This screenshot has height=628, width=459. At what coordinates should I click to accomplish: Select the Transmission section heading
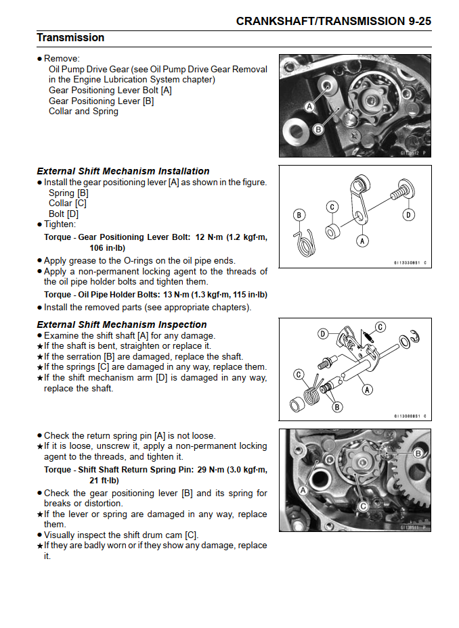point(70,38)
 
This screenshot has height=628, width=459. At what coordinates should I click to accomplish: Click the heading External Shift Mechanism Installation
point(123,171)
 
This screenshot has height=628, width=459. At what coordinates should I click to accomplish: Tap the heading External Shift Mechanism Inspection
point(122,324)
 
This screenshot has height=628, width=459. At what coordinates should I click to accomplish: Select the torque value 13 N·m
point(177,295)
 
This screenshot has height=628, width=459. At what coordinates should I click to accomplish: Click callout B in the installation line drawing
point(299,216)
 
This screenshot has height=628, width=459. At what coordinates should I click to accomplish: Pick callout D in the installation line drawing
point(408,215)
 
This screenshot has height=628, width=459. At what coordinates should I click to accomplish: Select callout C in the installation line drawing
point(332,206)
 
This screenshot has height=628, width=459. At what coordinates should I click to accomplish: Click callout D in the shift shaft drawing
point(324,333)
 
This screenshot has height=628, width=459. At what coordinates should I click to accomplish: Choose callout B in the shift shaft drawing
point(337,407)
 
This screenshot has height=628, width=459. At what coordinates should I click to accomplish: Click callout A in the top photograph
point(309,107)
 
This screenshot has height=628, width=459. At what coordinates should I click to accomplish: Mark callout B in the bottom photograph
point(418,453)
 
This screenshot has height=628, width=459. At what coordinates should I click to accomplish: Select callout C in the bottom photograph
point(363,505)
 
